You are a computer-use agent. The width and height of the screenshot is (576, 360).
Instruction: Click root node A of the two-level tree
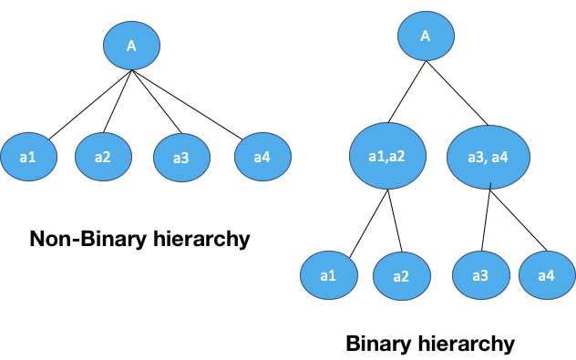(131, 46)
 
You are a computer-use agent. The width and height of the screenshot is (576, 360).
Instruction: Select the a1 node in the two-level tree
(28, 157)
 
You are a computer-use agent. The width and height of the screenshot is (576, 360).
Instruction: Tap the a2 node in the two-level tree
(103, 157)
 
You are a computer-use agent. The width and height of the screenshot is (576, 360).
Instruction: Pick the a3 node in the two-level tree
(181, 158)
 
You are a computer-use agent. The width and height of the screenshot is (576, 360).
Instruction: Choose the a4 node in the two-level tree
(262, 157)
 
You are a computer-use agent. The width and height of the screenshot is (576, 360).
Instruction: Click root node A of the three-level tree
(426, 36)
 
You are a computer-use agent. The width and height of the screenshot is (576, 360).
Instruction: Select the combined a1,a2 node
(387, 156)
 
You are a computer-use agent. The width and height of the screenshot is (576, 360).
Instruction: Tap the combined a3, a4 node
(488, 157)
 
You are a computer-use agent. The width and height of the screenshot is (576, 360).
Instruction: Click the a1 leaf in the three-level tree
(329, 274)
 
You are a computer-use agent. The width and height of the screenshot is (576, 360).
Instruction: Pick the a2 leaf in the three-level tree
(401, 276)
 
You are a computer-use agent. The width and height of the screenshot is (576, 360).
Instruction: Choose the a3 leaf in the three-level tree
(480, 275)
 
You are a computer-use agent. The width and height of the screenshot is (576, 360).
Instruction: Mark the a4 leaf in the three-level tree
(547, 275)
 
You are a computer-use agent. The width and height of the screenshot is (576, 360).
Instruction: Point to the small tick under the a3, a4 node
(490, 186)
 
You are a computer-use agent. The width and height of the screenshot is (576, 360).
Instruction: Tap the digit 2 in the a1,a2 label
(399, 156)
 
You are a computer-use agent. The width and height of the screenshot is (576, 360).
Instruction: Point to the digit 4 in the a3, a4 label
(503, 158)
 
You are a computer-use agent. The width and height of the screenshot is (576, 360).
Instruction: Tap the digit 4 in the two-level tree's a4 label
(266, 157)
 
